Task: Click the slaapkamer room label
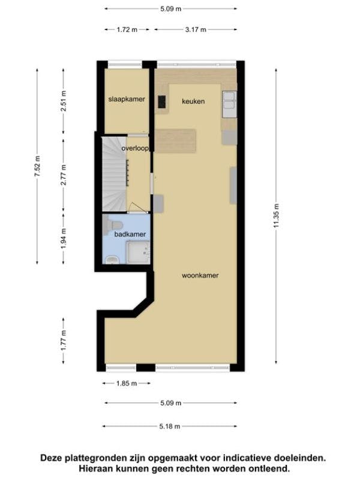(126, 99)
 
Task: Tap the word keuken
(193, 101)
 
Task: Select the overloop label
(134, 148)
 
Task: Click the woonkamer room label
(200, 275)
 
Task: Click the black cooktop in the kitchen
(161, 103)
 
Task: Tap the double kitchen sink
(229, 103)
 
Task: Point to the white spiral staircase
(113, 174)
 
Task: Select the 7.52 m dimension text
(38, 166)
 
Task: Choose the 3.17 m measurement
(196, 29)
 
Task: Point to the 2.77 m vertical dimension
(64, 173)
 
